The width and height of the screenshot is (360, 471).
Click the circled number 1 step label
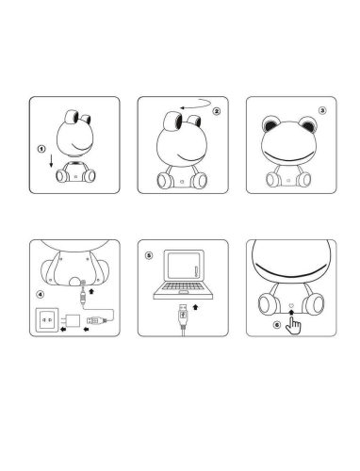tap(41, 149)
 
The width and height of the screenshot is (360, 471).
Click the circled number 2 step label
tap(217, 111)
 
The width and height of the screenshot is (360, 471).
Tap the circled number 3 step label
tap(322, 110)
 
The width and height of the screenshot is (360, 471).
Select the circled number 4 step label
tap(41, 295)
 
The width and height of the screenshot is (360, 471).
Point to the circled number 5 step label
tap(149, 255)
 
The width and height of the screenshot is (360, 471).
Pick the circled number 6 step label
tap(277, 325)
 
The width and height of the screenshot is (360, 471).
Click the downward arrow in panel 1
tap(51, 161)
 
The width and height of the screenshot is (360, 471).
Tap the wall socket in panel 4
tap(47, 320)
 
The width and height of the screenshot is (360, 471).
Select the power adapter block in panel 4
tap(72, 321)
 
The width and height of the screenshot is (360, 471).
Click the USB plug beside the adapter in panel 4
tap(97, 320)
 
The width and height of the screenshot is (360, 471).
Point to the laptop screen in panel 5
tap(184, 266)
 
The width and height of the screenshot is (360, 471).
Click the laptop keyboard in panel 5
tap(183, 286)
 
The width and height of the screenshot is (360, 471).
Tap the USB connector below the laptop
tap(183, 315)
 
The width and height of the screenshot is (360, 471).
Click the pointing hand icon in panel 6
tap(293, 326)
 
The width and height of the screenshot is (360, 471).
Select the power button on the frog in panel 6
tap(291, 305)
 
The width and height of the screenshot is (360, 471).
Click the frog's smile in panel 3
tap(289, 156)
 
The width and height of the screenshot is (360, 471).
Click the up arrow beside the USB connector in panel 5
tap(196, 307)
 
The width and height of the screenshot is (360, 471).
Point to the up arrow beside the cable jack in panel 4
tap(91, 291)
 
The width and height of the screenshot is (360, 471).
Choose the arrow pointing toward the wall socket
tap(63, 329)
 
